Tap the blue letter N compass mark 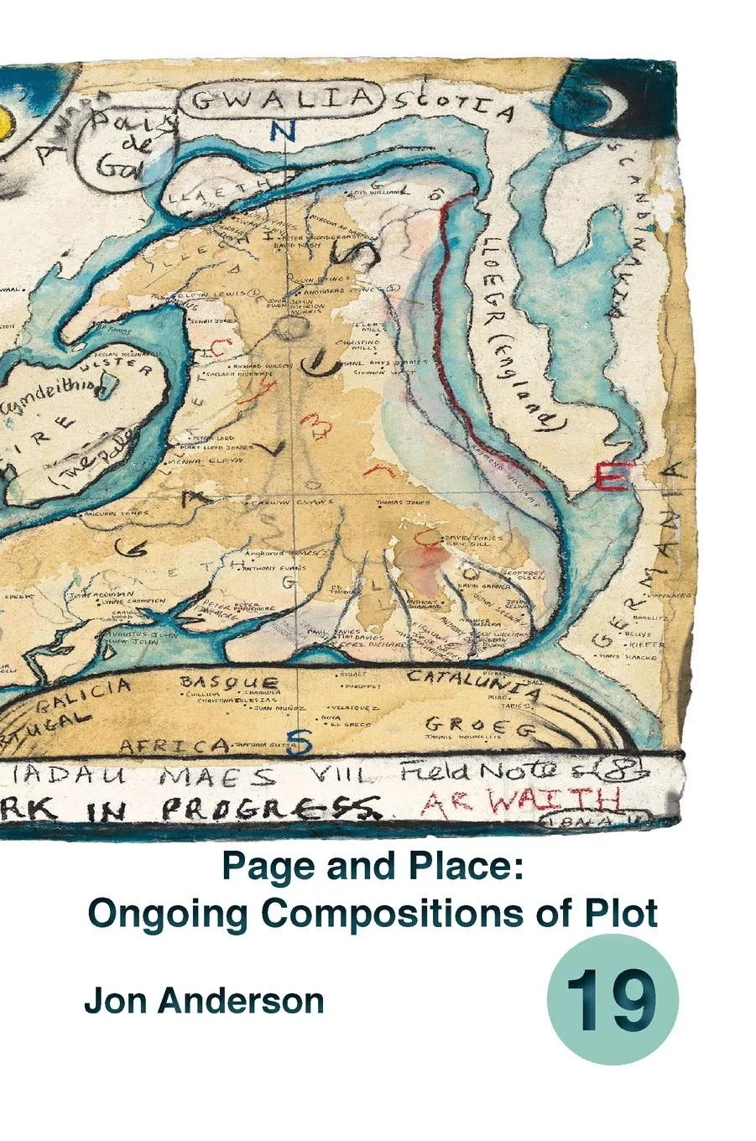click(x=284, y=131)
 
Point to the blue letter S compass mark click(x=305, y=742)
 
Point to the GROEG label click(x=479, y=727)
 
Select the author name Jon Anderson click(x=204, y=1002)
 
